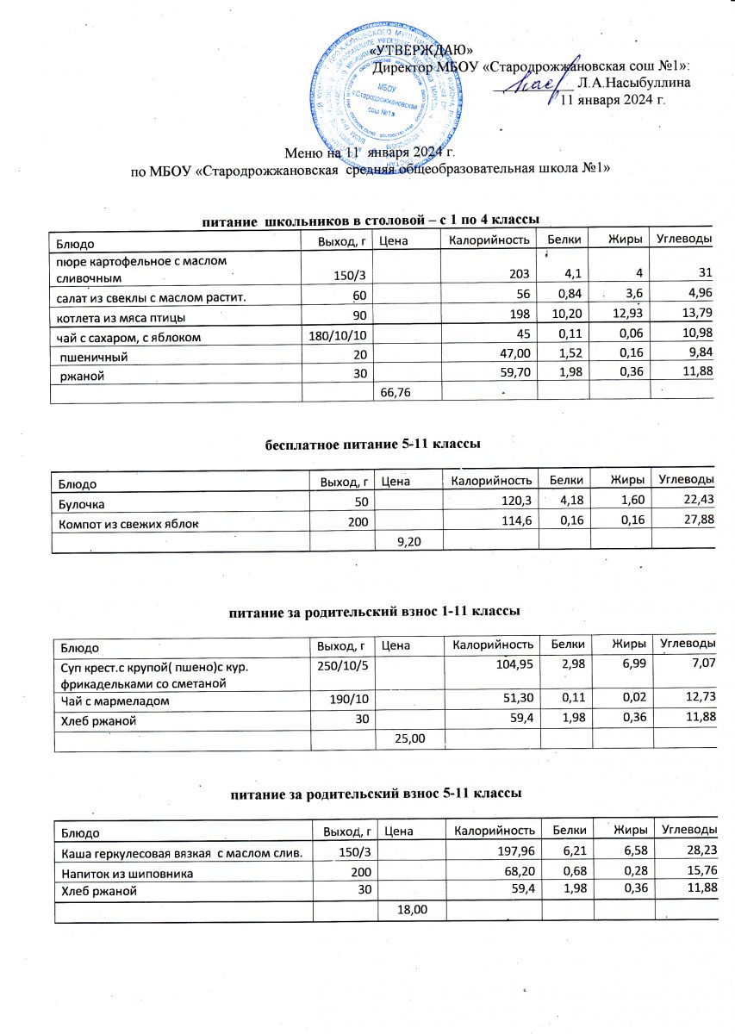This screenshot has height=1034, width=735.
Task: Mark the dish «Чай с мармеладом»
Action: (x=114, y=702)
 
